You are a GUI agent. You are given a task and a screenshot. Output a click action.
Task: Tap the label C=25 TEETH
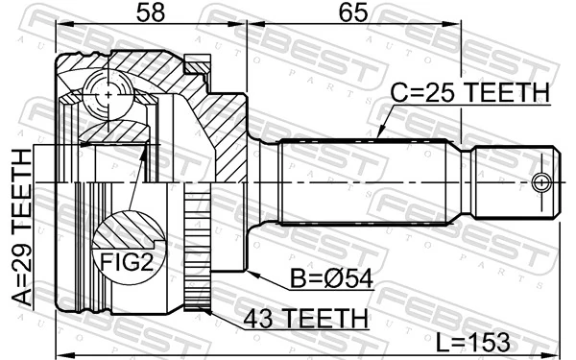click(468, 93)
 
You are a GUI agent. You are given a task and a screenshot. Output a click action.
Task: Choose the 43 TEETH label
click(304, 319)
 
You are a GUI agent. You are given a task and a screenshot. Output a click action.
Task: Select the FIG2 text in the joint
click(123, 260)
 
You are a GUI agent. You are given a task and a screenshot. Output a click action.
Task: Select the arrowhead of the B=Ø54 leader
click(248, 273)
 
